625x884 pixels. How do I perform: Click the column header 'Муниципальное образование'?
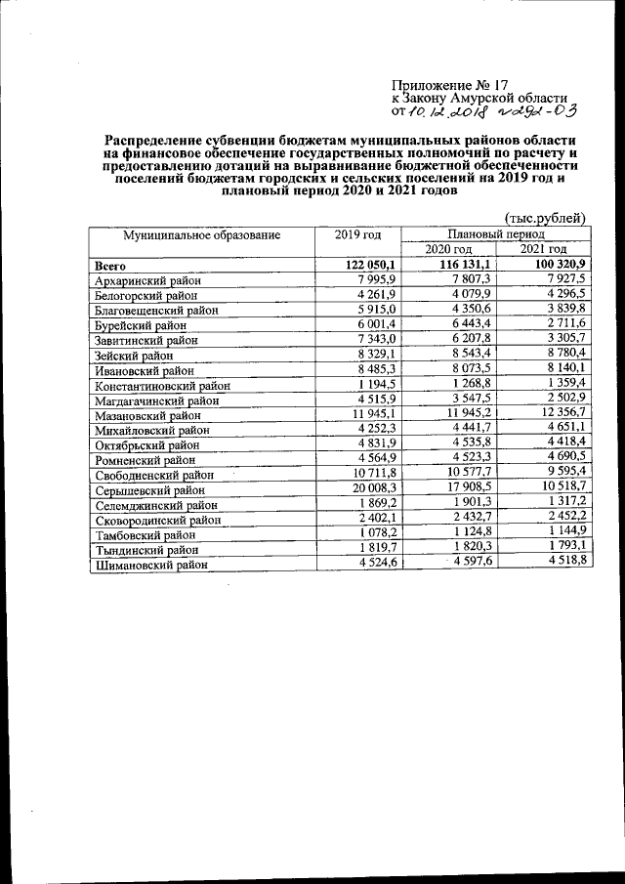(x=201, y=234)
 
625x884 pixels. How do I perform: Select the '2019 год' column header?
(x=357, y=234)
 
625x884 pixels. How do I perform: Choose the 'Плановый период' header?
(x=496, y=235)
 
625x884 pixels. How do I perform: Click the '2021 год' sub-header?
(x=545, y=251)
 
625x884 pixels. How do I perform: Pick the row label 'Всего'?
(x=110, y=266)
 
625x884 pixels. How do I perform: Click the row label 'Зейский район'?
(x=134, y=356)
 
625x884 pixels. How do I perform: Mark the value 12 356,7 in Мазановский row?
(x=561, y=415)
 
